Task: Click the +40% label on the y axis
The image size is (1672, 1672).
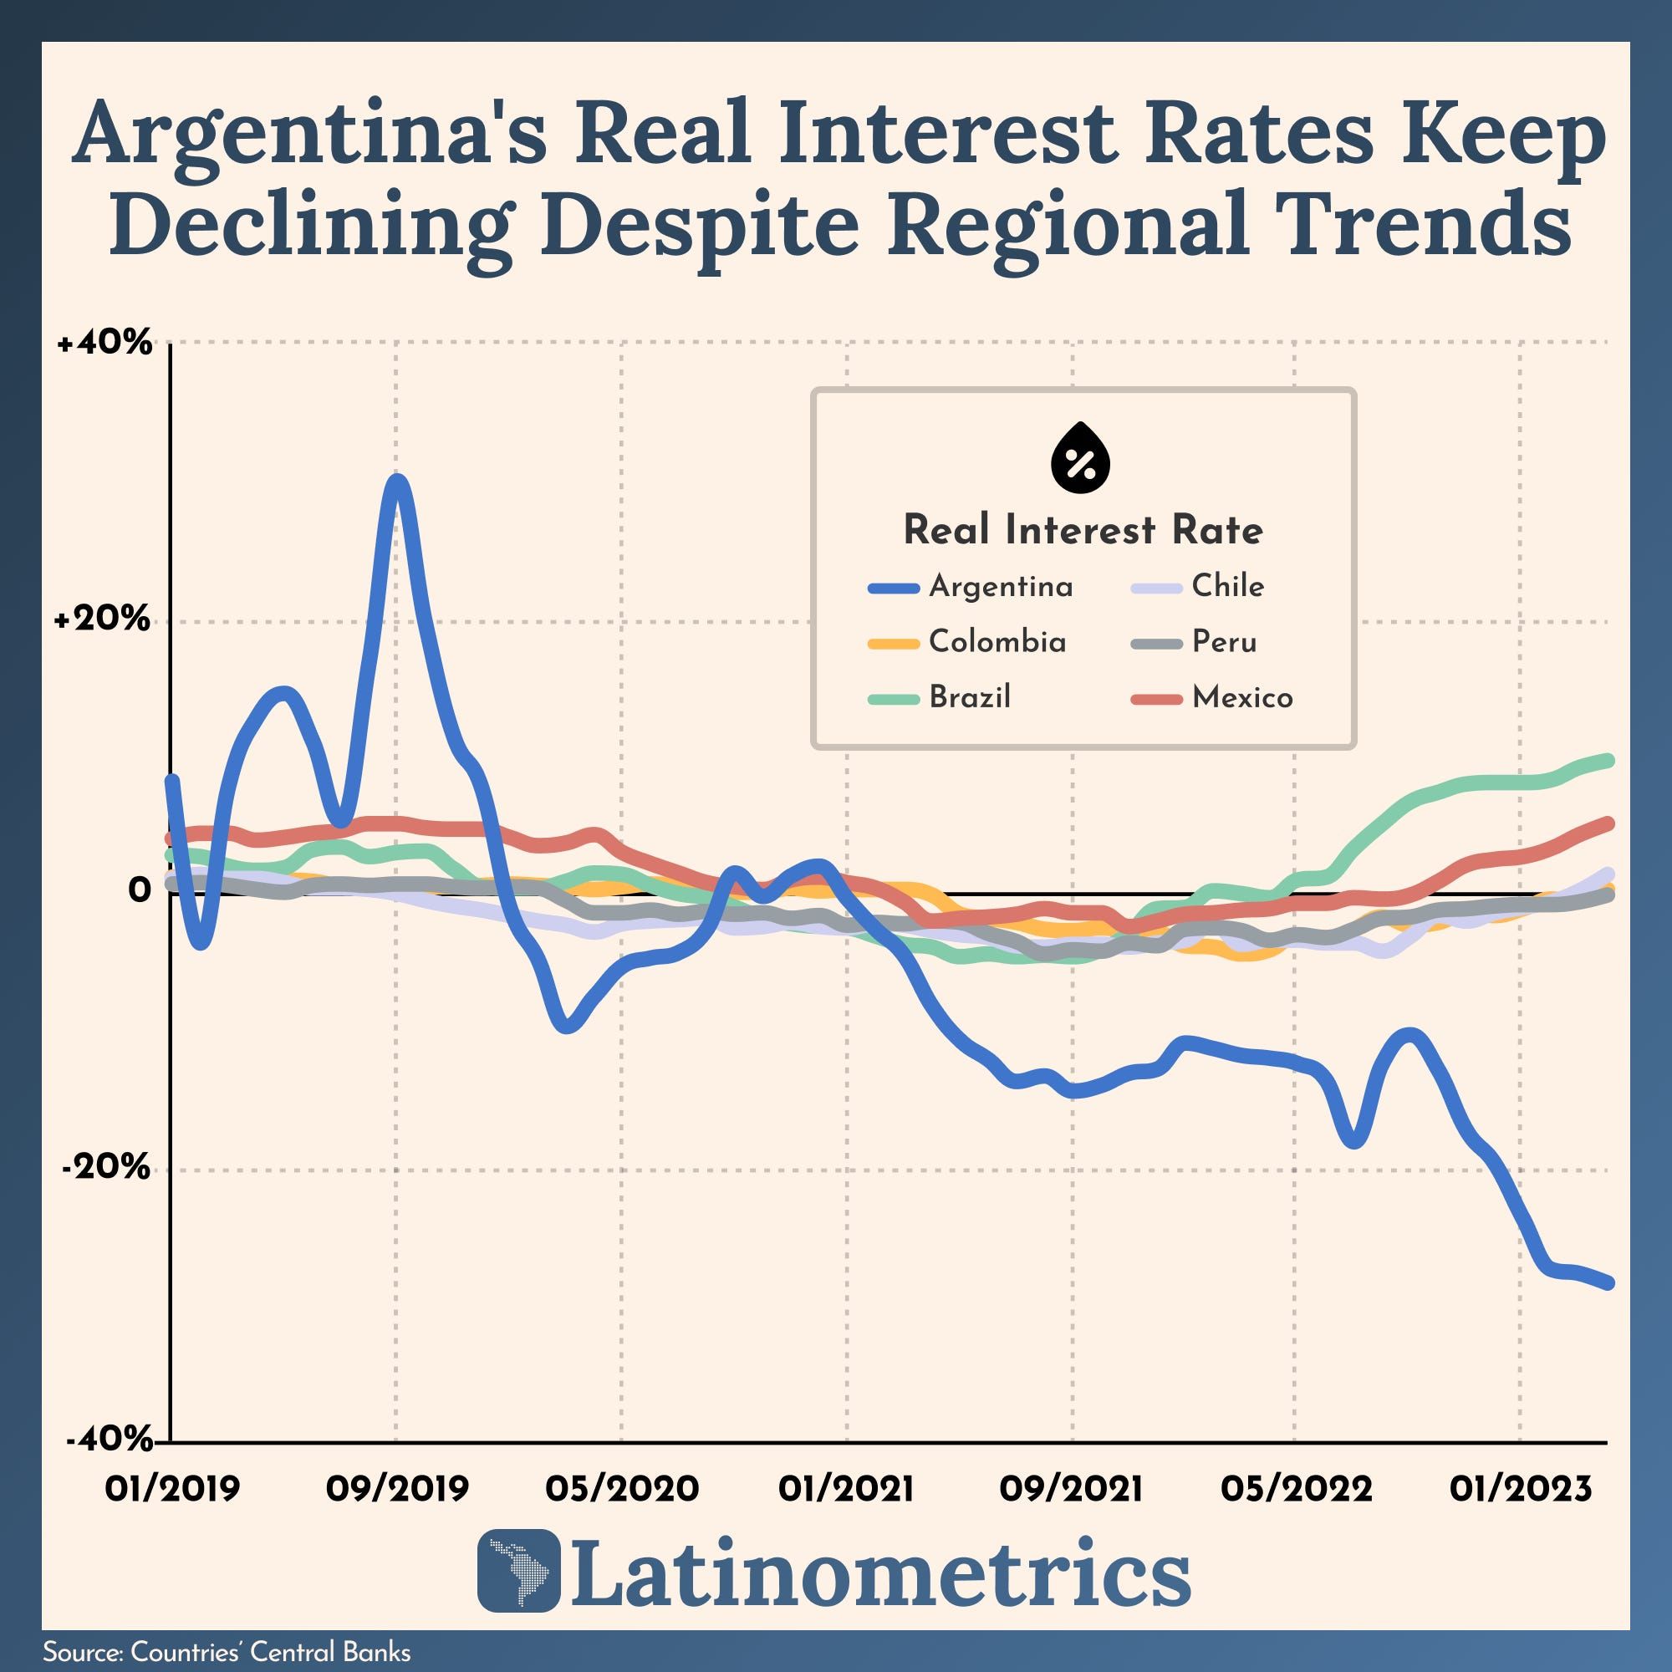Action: [104, 344]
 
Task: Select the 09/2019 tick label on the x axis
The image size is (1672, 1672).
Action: [396, 1489]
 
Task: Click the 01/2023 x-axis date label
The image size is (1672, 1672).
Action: [1521, 1489]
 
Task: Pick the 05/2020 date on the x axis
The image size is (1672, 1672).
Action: [621, 1489]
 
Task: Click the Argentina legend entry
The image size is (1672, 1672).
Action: [1001, 587]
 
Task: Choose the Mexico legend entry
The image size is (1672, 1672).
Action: [1242, 697]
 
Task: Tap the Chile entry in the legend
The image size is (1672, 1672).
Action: [1227, 587]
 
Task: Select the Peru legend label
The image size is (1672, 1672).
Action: [1224, 642]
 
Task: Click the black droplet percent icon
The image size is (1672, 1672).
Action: [1080, 461]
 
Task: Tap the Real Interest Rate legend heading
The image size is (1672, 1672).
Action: [1083, 530]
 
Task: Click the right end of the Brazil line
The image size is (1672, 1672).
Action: [1608, 760]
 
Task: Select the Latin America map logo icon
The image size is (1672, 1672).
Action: [518, 1571]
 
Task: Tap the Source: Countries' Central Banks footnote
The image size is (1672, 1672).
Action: [227, 1651]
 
